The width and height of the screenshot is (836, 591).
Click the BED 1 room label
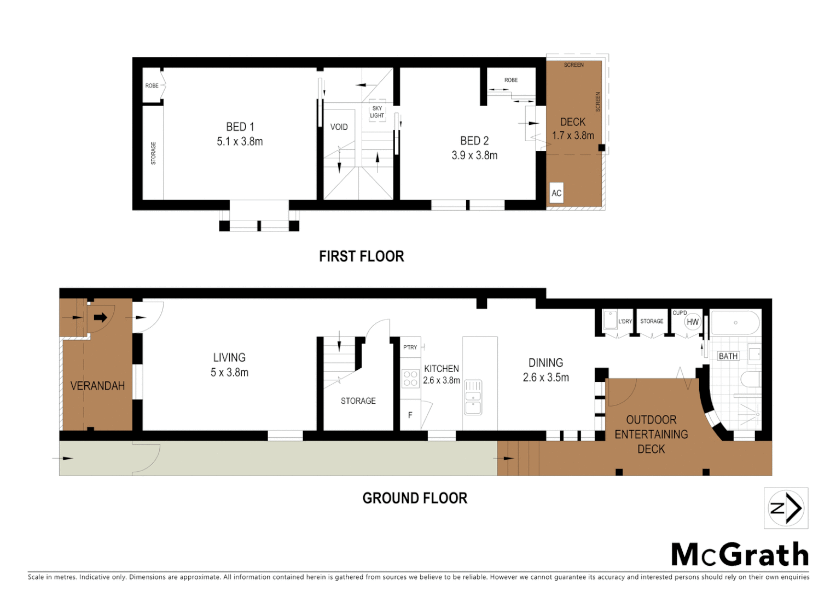click(x=240, y=127)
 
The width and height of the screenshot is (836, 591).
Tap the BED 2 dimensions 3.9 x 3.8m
click(x=474, y=155)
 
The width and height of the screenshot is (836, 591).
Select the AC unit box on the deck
click(x=556, y=193)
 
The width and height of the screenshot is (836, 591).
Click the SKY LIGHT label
click(x=377, y=112)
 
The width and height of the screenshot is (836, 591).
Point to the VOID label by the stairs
click(x=339, y=127)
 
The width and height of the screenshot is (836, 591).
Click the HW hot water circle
click(x=693, y=322)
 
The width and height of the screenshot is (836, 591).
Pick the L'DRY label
click(x=625, y=322)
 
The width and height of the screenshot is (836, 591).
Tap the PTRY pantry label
click(x=410, y=347)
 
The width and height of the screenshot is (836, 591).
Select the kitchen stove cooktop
click(x=410, y=379)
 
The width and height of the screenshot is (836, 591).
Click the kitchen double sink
click(x=473, y=397)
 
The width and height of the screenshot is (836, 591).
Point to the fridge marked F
click(x=410, y=415)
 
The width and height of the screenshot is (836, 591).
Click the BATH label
click(x=728, y=356)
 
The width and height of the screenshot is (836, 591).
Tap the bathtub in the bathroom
click(x=735, y=323)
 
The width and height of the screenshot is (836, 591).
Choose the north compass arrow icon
click(x=786, y=508)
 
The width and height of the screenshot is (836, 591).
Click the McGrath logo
click(x=740, y=555)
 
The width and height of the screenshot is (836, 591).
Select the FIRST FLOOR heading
click(x=361, y=256)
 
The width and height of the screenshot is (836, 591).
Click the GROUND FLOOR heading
click(x=415, y=498)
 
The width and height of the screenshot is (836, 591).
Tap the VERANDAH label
click(x=97, y=386)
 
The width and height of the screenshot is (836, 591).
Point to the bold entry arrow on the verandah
click(x=101, y=317)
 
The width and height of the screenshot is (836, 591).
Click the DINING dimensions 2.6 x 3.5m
click(x=545, y=378)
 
